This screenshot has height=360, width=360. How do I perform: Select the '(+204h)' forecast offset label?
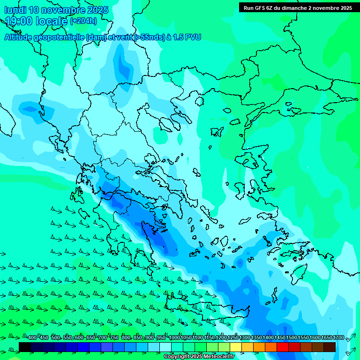(x=83, y=21)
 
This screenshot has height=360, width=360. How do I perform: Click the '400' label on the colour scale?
(x=32, y=338)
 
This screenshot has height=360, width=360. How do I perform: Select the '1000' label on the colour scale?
(x=174, y=338)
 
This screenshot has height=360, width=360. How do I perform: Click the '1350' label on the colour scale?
(x=256, y=338)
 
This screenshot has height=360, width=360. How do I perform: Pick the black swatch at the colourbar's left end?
(x=25, y=347)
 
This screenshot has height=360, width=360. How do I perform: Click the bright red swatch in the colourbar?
(x=283, y=347)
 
